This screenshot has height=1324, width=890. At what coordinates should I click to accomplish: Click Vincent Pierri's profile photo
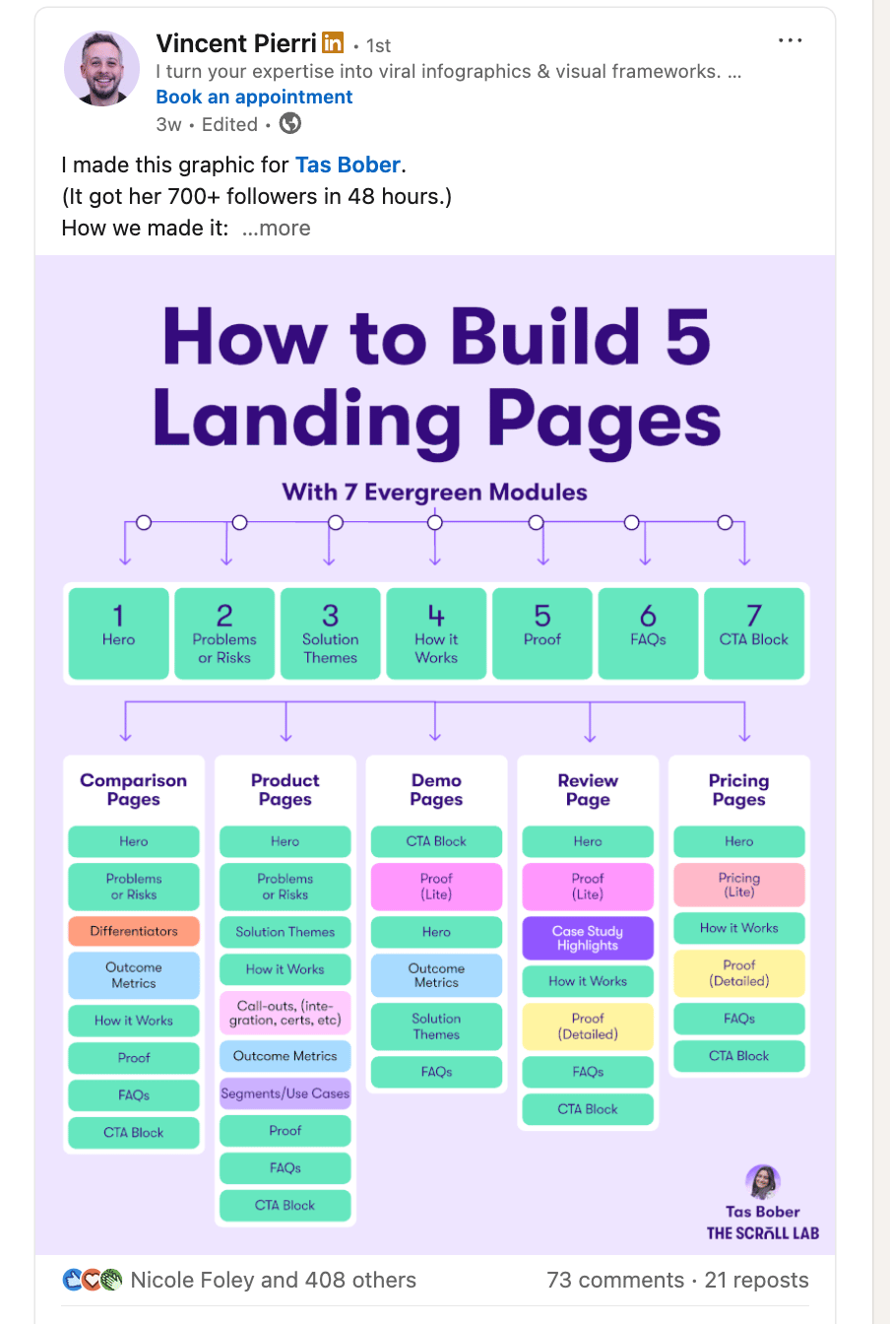[x=102, y=68]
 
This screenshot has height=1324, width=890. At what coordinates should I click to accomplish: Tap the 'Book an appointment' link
[x=254, y=97]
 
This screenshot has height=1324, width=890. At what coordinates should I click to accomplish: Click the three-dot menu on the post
[x=791, y=40]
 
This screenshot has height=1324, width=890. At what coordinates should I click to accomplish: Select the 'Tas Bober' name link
[x=348, y=165]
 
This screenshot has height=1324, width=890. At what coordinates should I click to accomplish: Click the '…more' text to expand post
[x=276, y=228]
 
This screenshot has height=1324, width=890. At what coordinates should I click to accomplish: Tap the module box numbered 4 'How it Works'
[x=436, y=633]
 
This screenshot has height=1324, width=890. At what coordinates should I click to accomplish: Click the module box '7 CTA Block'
[x=753, y=633]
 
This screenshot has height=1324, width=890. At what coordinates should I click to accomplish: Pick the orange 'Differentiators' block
[x=134, y=931]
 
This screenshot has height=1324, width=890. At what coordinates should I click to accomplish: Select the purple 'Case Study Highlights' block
[x=588, y=938]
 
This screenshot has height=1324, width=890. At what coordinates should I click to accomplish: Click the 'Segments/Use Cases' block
[x=286, y=1093]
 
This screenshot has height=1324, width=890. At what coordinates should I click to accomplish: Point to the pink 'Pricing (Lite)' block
[x=739, y=885]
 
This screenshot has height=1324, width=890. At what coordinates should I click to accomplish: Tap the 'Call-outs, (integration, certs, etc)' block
[x=286, y=1013]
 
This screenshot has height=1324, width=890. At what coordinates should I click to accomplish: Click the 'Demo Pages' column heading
[x=436, y=790]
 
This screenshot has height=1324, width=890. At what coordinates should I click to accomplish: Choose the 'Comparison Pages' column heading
[x=134, y=790]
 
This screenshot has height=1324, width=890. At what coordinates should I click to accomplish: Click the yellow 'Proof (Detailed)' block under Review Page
[x=588, y=1026]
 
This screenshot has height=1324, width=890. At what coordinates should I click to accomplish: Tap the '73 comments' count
[x=614, y=1280]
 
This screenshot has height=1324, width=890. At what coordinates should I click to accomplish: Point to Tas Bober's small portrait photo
[x=763, y=1182]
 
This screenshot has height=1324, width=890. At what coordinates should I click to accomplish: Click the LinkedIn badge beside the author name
[x=334, y=43]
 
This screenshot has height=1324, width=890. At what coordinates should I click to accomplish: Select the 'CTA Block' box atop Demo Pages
[x=436, y=841]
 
